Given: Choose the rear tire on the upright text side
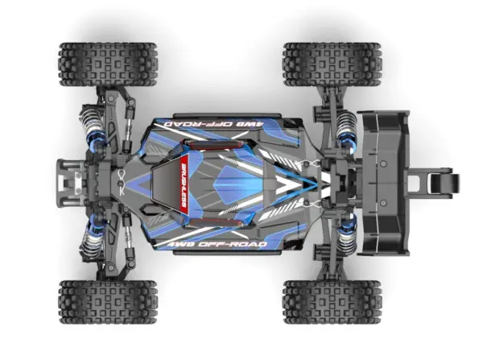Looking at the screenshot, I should [331, 301].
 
